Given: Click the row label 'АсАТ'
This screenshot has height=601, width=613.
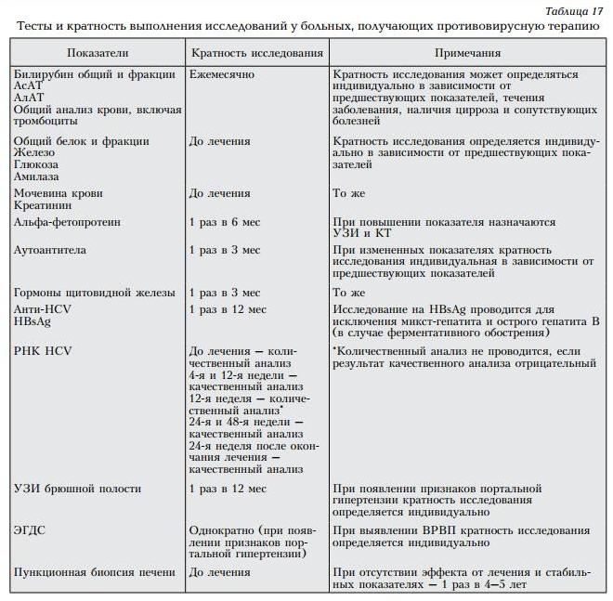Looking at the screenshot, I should pyautogui.click(x=30, y=85).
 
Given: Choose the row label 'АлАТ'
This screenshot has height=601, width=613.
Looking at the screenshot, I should pyautogui.click(x=30, y=98).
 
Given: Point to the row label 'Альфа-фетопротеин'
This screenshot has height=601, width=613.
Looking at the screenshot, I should pyautogui.click(x=68, y=223).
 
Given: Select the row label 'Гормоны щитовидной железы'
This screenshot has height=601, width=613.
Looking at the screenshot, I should pyautogui.click(x=89, y=292).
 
